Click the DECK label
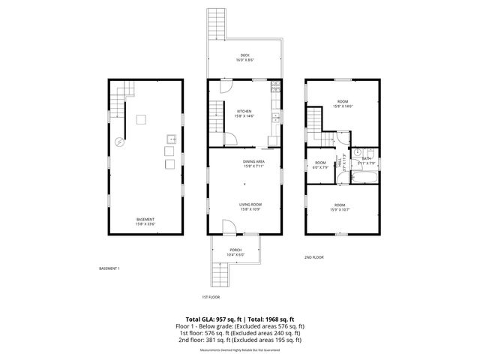[x=244, y=55]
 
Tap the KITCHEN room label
[x=244, y=111]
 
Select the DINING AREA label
[x=253, y=161]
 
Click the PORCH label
[x=235, y=250]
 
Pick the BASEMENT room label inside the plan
[x=145, y=219]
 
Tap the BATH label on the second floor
[x=367, y=157]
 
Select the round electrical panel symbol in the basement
[x=118, y=141]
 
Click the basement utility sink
[x=171, y=139]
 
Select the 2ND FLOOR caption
[x=313, y=257]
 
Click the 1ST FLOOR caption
[x=211, y=296]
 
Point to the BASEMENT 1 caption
[x=109, y=268]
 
